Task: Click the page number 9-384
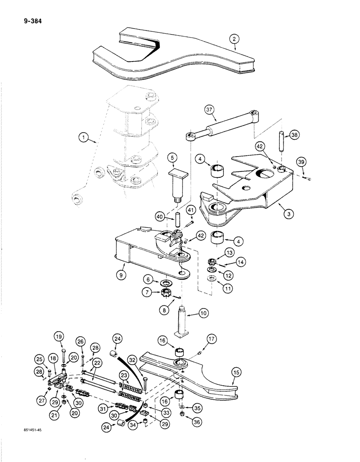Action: coord(30,20)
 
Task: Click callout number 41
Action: coord(191,212)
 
